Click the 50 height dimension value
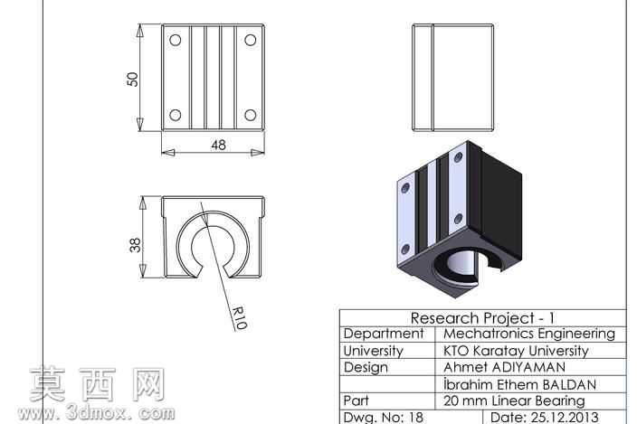point(133,80)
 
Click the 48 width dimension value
point(218,145)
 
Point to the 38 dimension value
point(136,245)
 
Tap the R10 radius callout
point(240,317)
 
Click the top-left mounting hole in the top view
point(176,40)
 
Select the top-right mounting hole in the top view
point(251,40)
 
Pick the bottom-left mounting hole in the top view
point(176,115)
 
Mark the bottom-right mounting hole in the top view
point(251,115)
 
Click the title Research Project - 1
point(482,318)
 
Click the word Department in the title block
point(384,334)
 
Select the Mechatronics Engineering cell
point(529,334)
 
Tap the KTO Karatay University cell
point(516,351)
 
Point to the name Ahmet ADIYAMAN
point(504,367)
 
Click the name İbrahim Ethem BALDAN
point(519,384)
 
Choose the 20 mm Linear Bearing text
point(514,400)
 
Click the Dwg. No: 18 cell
point(383,417)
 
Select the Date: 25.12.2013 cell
point(545,417)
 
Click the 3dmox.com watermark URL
point(96,413)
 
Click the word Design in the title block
point(366,368)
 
